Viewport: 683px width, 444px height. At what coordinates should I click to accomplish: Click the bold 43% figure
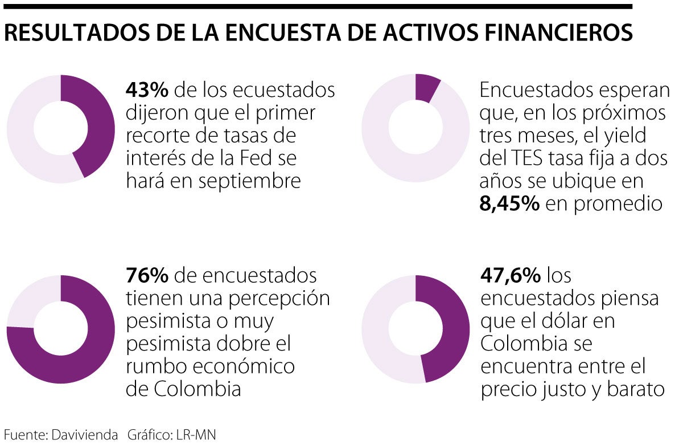(147, 91)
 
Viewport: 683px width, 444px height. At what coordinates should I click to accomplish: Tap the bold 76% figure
(147, 276)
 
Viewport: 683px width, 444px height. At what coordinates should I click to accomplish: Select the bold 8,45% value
(509, 204)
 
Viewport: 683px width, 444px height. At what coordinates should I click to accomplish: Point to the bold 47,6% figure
(511, 276)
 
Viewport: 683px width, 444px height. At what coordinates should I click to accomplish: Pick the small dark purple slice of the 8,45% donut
(426, 87)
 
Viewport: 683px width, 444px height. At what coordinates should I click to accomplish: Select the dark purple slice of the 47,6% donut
(450, 331)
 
